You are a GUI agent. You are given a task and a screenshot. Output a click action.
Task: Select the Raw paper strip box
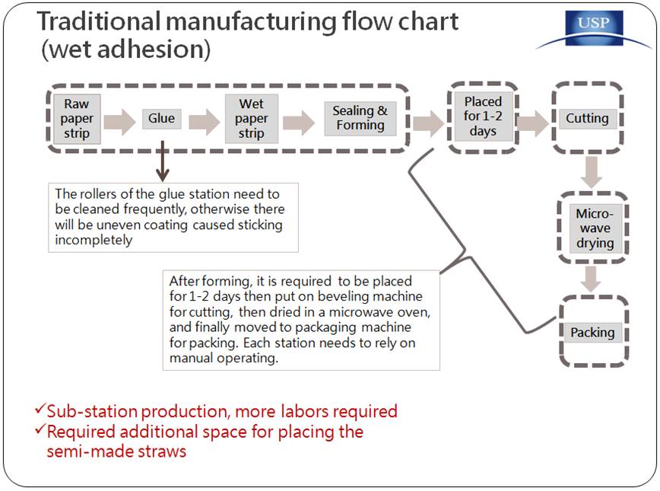pos(77,119)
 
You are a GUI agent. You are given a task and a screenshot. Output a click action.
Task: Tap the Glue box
pos(161,119)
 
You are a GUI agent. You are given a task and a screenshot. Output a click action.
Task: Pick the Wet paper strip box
pos(251,119)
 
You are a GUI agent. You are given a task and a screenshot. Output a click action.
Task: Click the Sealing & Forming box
pos(360,119)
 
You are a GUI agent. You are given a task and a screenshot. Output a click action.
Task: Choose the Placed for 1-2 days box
pos(484,116)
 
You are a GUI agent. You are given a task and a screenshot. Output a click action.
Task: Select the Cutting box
pos(587,119)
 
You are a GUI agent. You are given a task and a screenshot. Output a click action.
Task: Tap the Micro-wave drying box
pos(595,228)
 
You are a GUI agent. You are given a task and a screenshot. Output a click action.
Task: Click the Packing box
pos(592,333)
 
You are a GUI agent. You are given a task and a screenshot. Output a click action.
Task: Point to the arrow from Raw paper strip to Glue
pos(120,122)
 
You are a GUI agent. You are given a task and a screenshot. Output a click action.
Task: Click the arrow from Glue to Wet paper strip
pos(205,122)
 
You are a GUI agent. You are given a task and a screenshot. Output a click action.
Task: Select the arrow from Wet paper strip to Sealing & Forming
pos(299,122)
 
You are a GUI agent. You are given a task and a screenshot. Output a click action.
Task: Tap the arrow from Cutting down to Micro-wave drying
pos(592,172)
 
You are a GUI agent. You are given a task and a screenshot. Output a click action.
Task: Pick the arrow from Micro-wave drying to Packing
pos(592,279)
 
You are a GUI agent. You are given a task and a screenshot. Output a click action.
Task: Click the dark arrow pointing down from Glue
pos(163,161)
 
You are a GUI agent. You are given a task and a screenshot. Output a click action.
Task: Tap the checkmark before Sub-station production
pos(40,409)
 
